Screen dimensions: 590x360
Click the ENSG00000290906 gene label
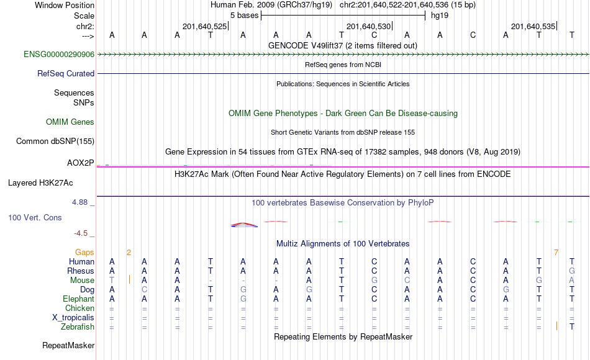(x=59, y=54)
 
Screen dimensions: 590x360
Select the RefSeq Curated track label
(x=66, y=73)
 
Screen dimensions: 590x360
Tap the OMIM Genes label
(x=70, y=122)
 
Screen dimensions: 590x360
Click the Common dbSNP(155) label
(x=55, y=141)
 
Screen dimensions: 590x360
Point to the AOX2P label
(x=81, y=163)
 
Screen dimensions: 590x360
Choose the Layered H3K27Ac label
(x=40, y=183)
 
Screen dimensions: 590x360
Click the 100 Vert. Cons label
(x=35, y=217)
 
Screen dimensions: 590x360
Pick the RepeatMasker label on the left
(x=68, y=345)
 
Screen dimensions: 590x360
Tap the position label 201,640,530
(x=368, y=26)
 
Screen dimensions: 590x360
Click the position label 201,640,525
(x=205, y=26)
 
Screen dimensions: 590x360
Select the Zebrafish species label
(x=78, y=326)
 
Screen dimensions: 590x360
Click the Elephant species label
(x=79, y=299)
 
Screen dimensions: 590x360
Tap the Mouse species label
(x=82, y=281)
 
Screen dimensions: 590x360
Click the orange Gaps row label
(x=84, y=253)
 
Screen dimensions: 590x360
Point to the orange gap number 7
(x=556, y=253)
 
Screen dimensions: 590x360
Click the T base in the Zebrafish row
(x=572, y=326)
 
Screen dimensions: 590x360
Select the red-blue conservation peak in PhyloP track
(x=244, y=225)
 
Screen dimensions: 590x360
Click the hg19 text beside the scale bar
(x=440, y=16)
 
